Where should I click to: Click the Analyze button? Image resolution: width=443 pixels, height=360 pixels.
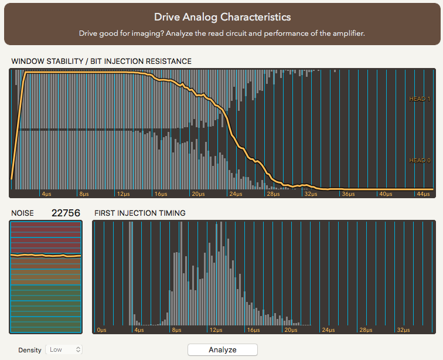tap(223, 349)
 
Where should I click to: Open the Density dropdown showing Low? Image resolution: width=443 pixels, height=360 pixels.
tap(64, 349)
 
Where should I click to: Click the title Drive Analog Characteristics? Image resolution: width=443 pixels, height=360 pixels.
tap(222, 17)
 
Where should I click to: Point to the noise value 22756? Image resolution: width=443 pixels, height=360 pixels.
tap(65, 213)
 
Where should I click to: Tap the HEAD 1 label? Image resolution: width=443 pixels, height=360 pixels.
tap(420, 99)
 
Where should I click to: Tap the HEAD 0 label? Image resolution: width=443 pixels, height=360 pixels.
tap(420, 161)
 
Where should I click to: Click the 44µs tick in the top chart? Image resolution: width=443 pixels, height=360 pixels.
tap(422, 193)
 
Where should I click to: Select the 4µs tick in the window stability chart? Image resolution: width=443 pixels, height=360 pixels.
tap(47, 193)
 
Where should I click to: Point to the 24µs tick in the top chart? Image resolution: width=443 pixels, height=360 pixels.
tap(236, 193)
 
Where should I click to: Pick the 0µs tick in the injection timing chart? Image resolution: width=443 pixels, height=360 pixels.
tap(101, 330)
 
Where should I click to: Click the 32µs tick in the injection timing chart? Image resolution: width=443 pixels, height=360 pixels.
tap(403, 330)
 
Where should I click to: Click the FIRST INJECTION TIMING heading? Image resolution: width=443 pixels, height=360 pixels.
tap(139, 213)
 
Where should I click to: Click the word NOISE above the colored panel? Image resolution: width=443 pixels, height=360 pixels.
tap(22, 213)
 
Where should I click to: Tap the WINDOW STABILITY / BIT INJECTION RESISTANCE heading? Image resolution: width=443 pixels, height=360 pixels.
tap(101, 61)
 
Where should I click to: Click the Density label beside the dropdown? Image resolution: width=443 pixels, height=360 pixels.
tap(30, 350)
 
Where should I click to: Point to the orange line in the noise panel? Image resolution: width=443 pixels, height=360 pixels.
tap(46, 256)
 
